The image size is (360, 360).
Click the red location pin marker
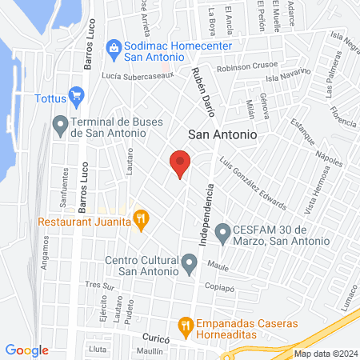pyautogui.click(x=180, y=162)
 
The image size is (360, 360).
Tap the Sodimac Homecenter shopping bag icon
pyautogui.click(x=114, y=48)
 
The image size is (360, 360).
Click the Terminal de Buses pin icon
pyautogui.click(x=59, y=124)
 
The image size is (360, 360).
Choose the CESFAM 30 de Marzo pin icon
pyautogui.click(x=222, y=230)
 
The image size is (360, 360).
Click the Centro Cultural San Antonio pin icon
pyautogui.click(x=190, y=262)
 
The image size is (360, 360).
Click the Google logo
pyautogui.click(x=27, y=350)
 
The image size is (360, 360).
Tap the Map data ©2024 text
pyautogui.click(x=324, y=353)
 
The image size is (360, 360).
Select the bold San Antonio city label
pyautogui.click(x=222, y=136)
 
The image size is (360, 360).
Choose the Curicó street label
pyautogui.click(x=157, y=338)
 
